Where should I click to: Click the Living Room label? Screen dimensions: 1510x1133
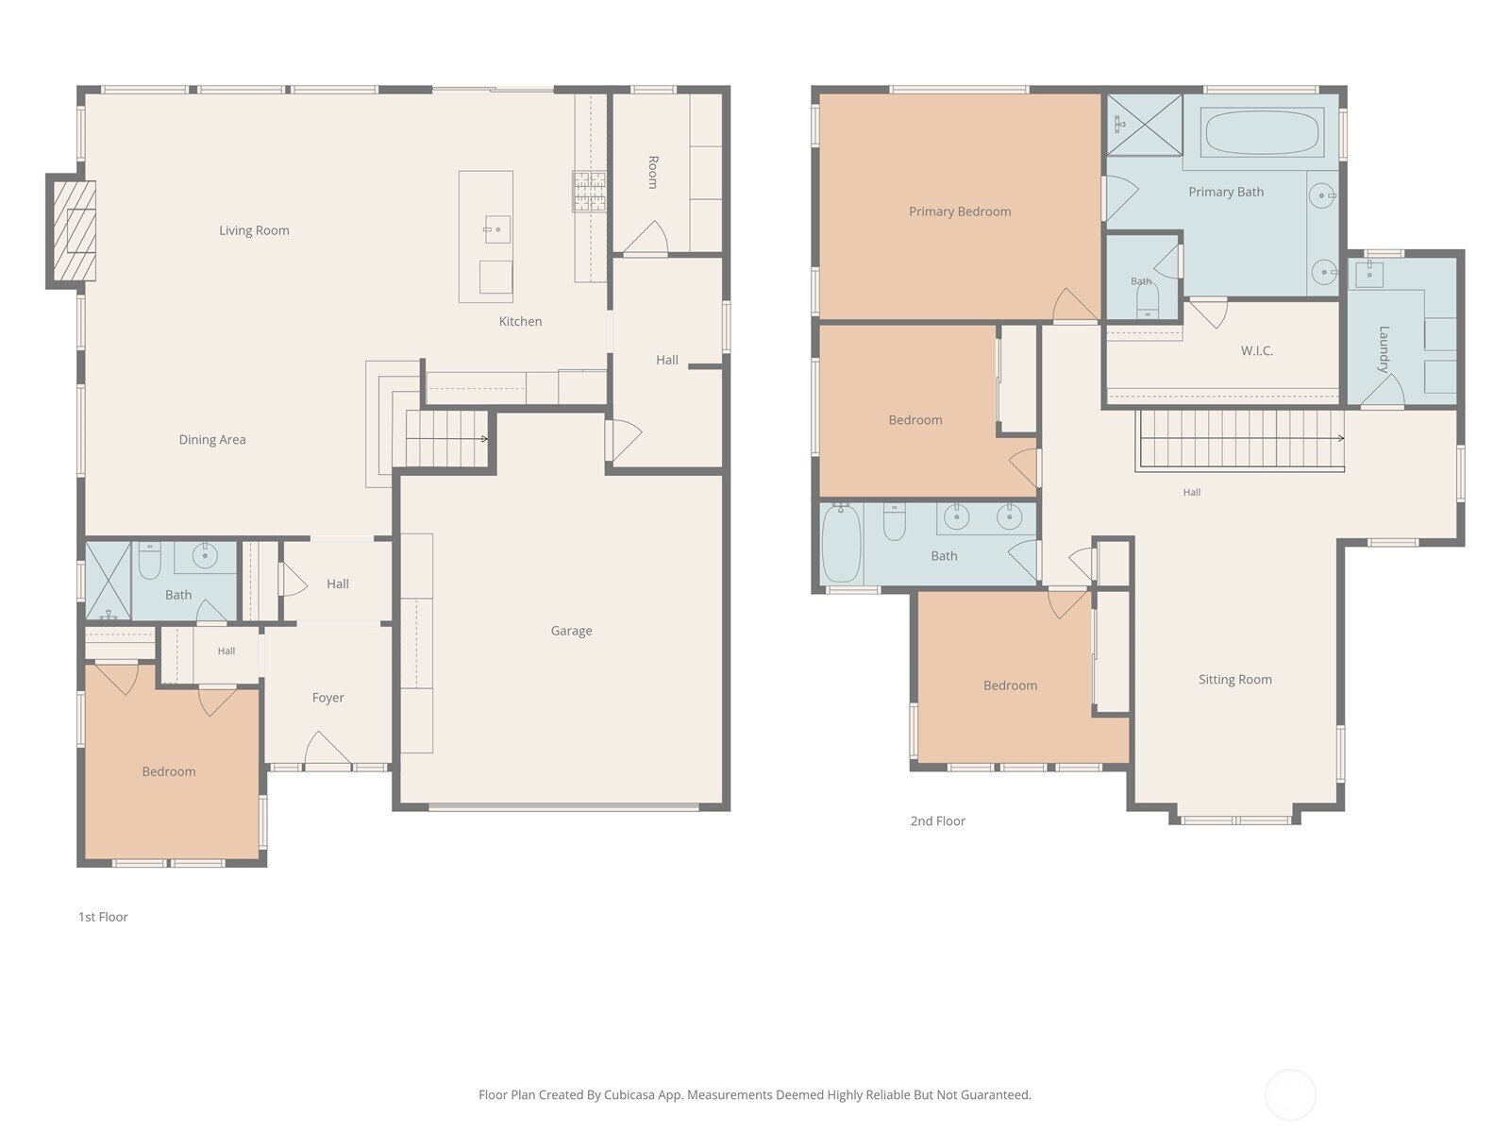[254, 230]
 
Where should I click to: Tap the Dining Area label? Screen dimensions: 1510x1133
[212, 440]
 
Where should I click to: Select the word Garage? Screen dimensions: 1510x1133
[571, 631]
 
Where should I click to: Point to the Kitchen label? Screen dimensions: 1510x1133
[520, 321]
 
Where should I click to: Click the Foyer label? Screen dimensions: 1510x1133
[327, 698]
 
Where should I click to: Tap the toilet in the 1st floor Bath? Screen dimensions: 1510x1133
[149, 560]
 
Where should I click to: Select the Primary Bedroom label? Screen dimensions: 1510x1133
[960, 211]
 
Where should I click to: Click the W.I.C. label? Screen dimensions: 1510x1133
[1257, 351]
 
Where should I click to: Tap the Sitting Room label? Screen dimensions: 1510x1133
[1234, 680]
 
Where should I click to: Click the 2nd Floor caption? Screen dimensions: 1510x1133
[938, 820]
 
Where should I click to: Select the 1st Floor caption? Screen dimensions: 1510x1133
[103, 917]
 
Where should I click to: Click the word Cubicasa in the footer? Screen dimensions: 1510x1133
[629, 1094]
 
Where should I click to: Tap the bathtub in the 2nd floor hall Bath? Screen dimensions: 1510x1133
[841, 543]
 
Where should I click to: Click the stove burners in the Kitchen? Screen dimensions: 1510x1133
[590, 192]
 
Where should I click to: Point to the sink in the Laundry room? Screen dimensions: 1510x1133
[1369, 274]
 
